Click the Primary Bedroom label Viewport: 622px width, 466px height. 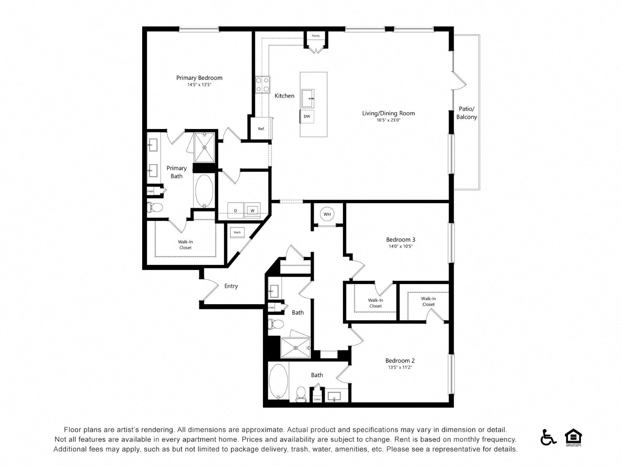(199, 78)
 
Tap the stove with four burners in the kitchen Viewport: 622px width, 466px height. (262, 85)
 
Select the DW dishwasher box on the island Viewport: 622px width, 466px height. (307, 116)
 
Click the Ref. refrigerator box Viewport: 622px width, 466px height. (261, 129)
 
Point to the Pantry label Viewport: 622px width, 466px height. (316, 36)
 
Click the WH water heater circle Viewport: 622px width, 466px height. (327, 214)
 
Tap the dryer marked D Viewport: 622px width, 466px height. (236, 211)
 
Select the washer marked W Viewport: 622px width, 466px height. (252, 210)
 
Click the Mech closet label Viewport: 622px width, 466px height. (237, 232)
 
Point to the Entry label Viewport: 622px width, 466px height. (231, 286)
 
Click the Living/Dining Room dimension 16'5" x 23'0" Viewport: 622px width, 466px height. (388, 120)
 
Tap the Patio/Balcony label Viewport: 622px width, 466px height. (466, 113)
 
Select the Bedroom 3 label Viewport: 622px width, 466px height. (401, 239)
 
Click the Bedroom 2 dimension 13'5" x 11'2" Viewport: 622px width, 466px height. (400, 367)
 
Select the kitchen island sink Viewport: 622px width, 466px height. (308, 98)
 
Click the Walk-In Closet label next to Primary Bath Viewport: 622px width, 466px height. (185, 244)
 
